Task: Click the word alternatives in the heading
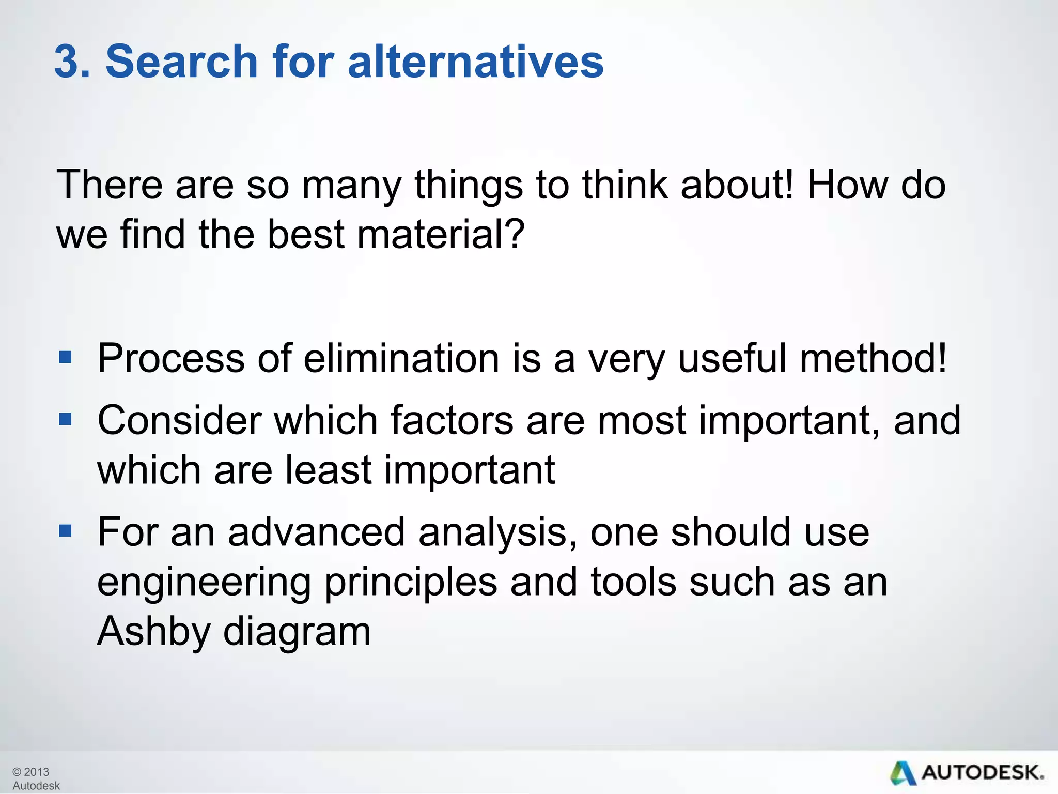[x=475, y=62]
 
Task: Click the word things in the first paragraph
[x=468, y=186]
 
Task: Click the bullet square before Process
[x=65, y=357]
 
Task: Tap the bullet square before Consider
[x=65, y=418]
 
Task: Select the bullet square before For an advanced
[x=65, y=530]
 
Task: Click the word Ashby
[x=153, y=632]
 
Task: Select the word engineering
[x=204, y=583]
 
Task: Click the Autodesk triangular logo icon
[x=903, y=773]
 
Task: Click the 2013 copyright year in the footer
[x=36, y=772]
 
